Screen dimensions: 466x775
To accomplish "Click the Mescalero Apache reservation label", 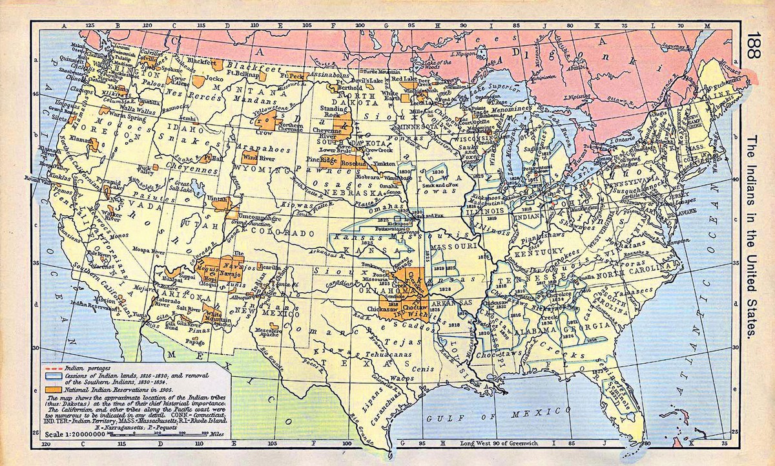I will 267,332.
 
